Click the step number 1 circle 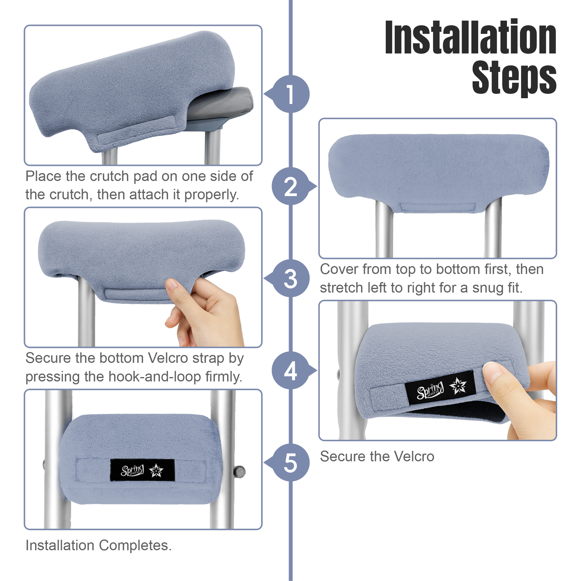(x=290, y=94)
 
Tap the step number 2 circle (x=290, y=186)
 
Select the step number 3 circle (x=290, y=278)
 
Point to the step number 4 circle (x=290, y=371)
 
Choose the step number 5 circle (x=290, y=462)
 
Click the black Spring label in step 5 (x=142, y=470)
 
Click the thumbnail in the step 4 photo (x=492, y=373)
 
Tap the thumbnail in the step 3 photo (x=172, y=285)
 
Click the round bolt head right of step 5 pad (x=240, y=471)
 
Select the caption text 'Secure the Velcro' (x=377, y=456)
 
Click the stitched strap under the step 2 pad (x=438, y=207)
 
